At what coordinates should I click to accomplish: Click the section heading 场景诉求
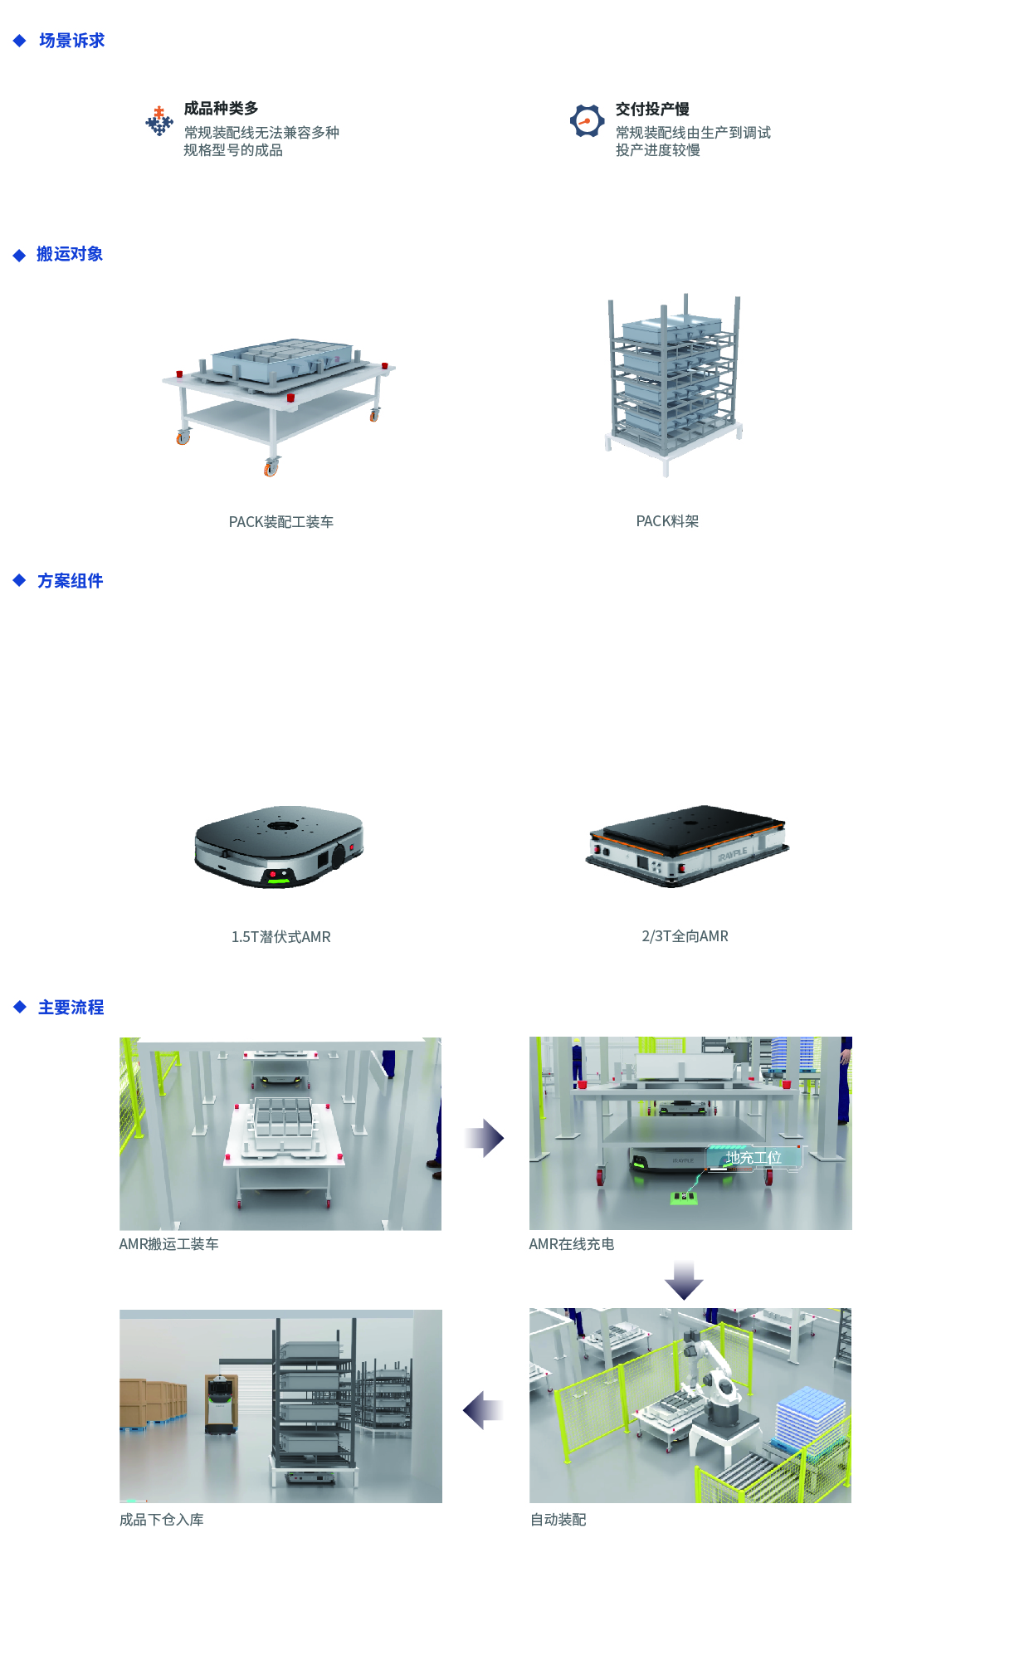(x=71, y=41)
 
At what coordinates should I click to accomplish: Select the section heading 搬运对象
(x=70, y=254)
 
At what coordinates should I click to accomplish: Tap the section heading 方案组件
(x=70, y=581)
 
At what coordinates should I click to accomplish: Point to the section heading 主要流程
(x=71, y=1008)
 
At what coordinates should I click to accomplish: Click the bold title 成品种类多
(x=221, y=109)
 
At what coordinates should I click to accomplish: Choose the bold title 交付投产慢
(x=652, y=110)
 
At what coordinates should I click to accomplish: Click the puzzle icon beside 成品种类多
(x=159, y=121)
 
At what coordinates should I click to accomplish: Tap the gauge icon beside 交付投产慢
(x=587, y=121)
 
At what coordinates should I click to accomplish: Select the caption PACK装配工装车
(x=281, y=522)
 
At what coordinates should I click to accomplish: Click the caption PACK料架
(x=667, y=521)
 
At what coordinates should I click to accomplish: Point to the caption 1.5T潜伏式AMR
(x=281, y=937)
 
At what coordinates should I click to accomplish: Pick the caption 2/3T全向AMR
(x=685, y=936)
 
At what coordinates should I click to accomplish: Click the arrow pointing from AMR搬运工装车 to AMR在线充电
(x=485, y=1138)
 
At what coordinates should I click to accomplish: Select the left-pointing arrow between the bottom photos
(x=483, y=1410)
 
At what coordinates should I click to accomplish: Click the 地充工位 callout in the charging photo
(x=753, y=1157)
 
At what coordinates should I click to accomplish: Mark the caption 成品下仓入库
(x=162, y=1520)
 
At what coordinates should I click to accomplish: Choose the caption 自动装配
(x=558, y=1520)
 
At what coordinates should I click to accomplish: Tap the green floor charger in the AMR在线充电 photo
(x=683, y=1196)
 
